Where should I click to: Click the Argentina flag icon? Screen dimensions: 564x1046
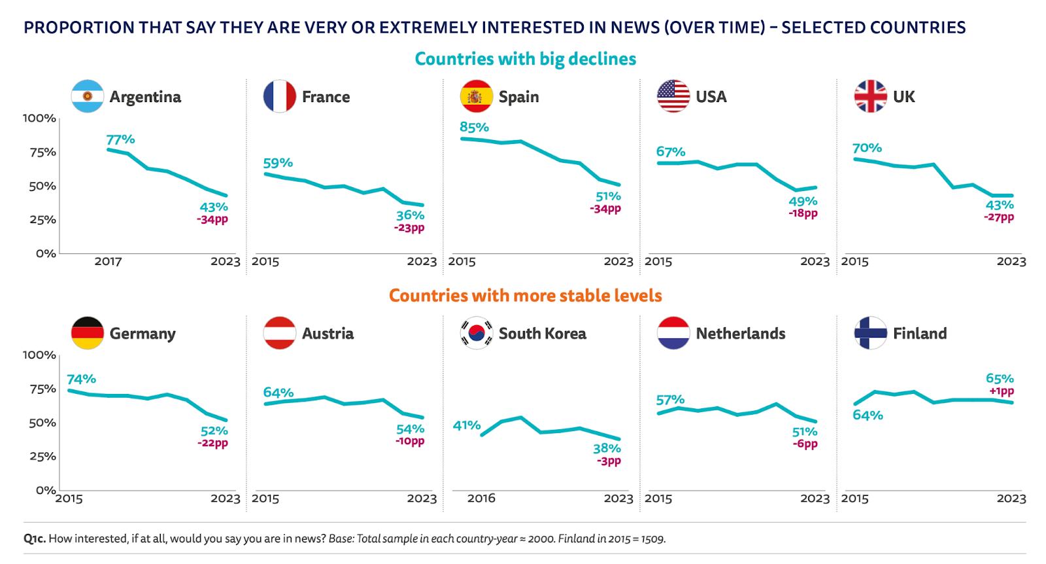tap(88, 96)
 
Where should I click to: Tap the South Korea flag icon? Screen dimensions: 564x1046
tap(477, 333)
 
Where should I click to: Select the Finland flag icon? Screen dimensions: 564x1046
tap(870, 333)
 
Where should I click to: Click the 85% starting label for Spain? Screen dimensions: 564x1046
tap(474, 127)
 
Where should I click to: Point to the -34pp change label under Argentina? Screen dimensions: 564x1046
tap(212, 220)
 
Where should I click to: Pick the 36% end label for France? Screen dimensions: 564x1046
tap(410, 215)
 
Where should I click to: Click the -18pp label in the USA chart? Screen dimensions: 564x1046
tap(803, 213)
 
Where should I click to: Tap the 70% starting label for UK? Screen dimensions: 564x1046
tap(867, 148)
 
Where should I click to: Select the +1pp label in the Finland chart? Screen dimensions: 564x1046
tap(1002, 391)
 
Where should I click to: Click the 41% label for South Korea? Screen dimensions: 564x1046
tap(467, 425)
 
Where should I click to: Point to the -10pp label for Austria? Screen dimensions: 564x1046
tap(410, 441)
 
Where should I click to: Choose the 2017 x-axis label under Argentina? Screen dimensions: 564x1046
tap(108, 262)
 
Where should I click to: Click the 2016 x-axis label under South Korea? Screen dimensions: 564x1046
tap(481, 499)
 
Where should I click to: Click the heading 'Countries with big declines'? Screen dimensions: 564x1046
tap(525, 59)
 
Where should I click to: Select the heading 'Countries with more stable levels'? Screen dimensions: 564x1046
tap(525, 296)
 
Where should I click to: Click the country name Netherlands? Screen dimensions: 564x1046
tap(740, 334)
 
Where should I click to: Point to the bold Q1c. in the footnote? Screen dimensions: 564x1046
tap(35, 539)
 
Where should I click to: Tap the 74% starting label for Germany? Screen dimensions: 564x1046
tap(81, 379)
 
